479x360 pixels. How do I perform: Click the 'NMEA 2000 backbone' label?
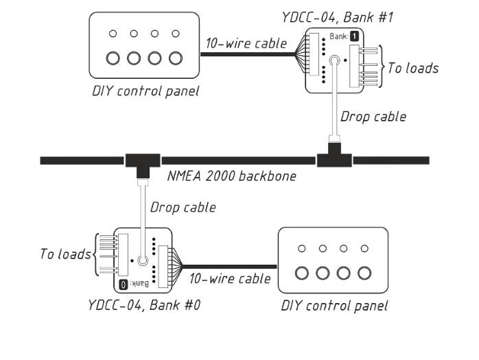[x=232, y=176]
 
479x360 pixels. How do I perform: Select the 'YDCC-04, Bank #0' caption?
[x=143, y=304]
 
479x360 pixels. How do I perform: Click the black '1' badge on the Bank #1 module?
[x=354, y=36]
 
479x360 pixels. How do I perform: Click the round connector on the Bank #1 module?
[x=334, y=62]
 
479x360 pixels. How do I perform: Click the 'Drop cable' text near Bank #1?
[x=373, y=117]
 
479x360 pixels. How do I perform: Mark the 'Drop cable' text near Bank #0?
[x=183, y=206]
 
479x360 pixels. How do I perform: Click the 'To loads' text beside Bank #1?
[x=412, y=67]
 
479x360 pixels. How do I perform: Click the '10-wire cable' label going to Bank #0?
[x=229, y=279]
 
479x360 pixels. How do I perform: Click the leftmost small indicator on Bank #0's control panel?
[x=301, y=248]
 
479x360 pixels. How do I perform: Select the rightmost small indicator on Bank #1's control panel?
[x=176, y=33]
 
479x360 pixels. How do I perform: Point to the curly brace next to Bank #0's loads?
[x=95, y=254]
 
